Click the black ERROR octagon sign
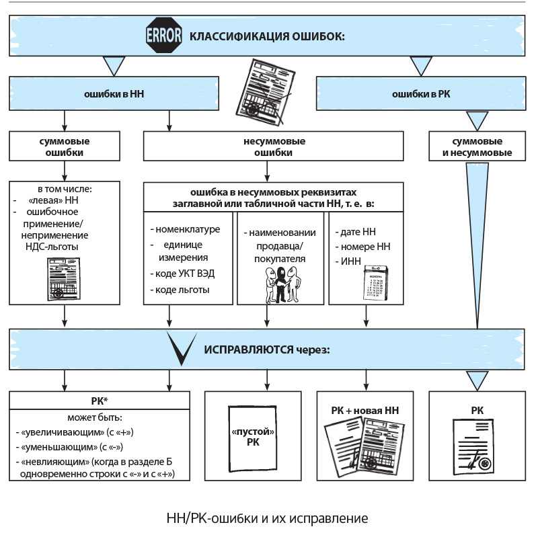[x=164, y=36]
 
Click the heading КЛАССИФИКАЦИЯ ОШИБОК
[x=267, y=36]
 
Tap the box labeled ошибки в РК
[x=421, y=94]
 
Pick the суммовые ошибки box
[x=65, y=147]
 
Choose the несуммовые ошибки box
[x=274, y=147]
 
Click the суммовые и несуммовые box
[x=477, y=147]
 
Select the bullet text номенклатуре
[x=187, y=229]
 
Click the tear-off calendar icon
[x=374, y=282]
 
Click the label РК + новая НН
[x=366, y=410]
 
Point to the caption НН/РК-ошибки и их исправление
[x=267, y=518]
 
